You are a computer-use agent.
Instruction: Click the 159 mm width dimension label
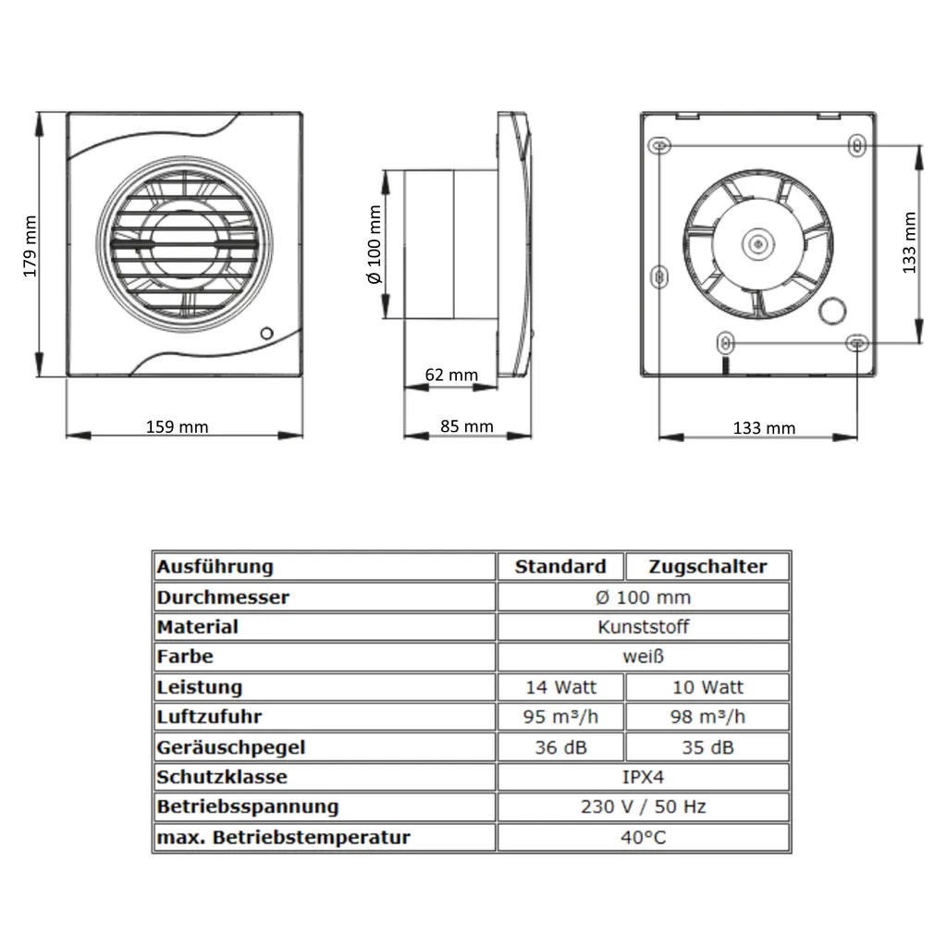tap(178, 426)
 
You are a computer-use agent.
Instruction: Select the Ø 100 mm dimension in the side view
tap(374, 244)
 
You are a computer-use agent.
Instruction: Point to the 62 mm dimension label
tap(451, 375)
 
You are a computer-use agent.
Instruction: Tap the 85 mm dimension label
tap(467, 426)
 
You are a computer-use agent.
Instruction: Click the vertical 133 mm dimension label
tap(909, 242)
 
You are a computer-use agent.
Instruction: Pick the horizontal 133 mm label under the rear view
tap(764, 427)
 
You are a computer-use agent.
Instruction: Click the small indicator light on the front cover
tap(266, 333)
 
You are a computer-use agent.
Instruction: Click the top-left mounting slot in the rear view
tap(659, 146)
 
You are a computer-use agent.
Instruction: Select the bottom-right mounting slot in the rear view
tap(857, 342)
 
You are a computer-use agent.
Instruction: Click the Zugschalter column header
tap(707, 566)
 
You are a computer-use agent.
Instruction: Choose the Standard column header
tap(560, 566)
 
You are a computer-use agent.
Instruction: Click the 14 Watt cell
tap(560, 687)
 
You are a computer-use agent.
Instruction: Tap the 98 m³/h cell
tap(707, 717)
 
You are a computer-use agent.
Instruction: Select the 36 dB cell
tap(560, 747)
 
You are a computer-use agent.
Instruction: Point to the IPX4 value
tap(643, 777)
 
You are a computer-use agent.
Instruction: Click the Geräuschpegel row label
tap(231, 747)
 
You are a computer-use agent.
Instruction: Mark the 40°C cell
tap(643, 837)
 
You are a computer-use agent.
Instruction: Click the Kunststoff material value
tap(643, 627)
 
